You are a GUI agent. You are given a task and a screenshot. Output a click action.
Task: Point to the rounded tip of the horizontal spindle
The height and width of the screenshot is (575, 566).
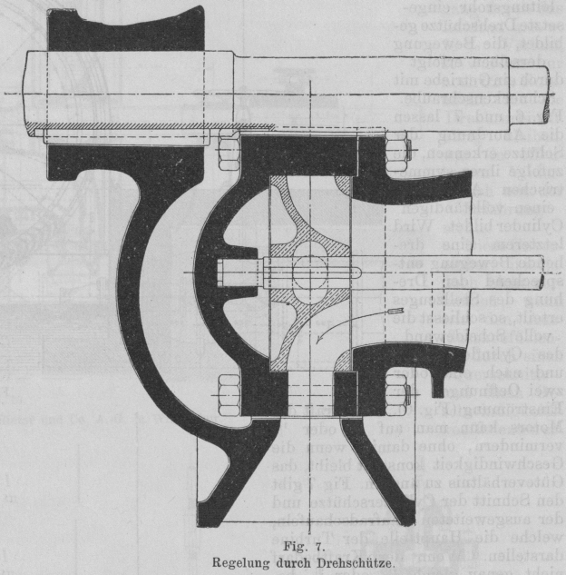point(362,270)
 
